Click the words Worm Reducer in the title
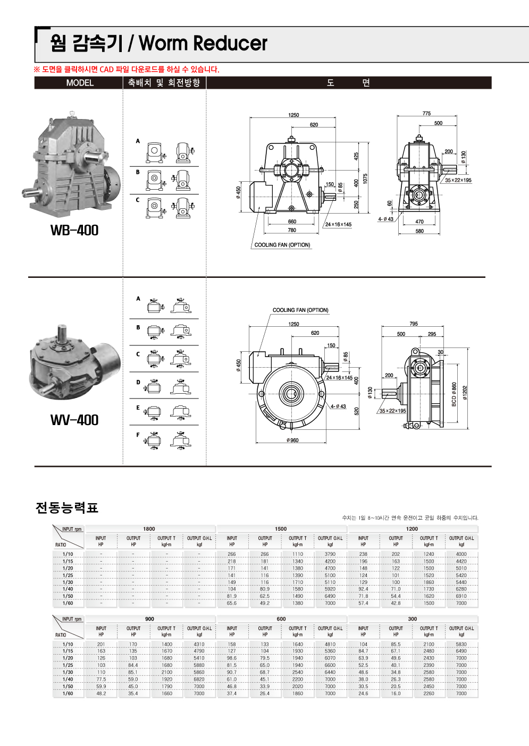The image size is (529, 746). tap(203, 44)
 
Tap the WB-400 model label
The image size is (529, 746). tap(74, 231)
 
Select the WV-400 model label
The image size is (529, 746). tap(74, 420)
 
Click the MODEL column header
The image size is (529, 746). tap(80, 83)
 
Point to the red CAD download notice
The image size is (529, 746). tap(127, 70)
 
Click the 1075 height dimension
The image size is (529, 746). tap(365, 179)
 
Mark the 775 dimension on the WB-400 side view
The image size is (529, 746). tap(426, 114)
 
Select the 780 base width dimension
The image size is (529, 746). tap(292, 230)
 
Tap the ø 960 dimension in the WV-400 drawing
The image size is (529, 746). tap(292, 440)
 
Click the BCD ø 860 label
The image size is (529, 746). tap(454, 394)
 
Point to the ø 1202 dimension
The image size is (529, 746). tap(465, 393)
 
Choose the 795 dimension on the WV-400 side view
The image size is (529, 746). tap(414, 324)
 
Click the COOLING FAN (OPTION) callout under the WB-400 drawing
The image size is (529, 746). tap(282, 245)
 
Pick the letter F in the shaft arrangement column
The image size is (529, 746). tap(138, 435)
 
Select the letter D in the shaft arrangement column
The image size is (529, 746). tap(138, 382)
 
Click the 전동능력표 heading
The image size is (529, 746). tap(67, 508)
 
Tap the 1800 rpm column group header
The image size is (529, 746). tap(149, 529)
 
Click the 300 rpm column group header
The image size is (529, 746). tap(413, 619)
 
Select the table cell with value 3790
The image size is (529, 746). tap(330, 554)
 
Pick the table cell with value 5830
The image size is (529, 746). tap(461, 645)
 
